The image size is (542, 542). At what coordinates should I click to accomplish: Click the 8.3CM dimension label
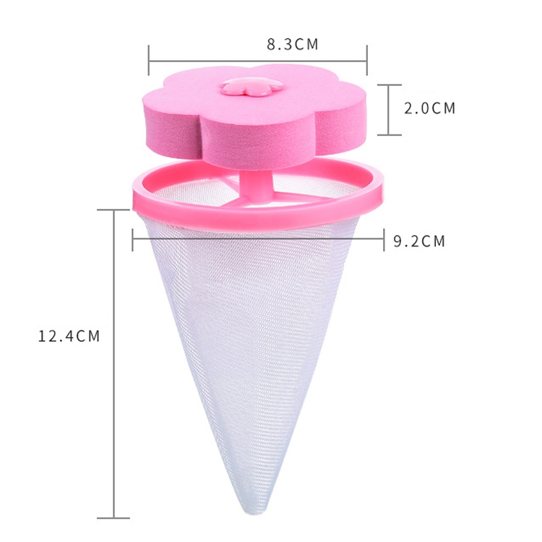pos(293,44)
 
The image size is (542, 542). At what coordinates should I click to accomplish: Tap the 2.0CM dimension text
pos(430,108)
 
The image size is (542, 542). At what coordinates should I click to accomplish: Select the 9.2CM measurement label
pos(419,241)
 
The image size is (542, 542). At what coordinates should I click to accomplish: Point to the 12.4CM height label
pos(69,336)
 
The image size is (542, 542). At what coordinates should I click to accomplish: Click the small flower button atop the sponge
pos(252,87)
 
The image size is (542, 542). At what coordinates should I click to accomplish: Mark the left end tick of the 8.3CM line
pos(149,60)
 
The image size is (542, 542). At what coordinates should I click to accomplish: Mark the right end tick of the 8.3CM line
pos(366,60)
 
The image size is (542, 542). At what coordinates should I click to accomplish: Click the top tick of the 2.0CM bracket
pos(390,85)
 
